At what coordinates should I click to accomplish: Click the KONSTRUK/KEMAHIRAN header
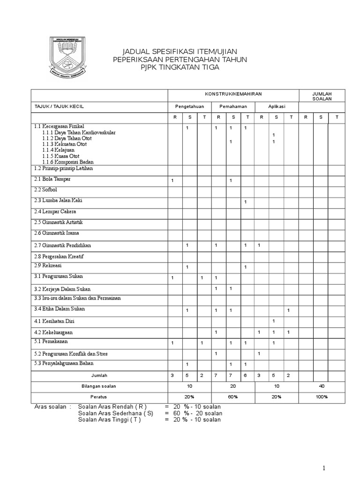233,94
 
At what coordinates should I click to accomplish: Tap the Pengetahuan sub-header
189,106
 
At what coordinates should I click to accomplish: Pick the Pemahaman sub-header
233,106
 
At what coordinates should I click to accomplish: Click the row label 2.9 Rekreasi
46,266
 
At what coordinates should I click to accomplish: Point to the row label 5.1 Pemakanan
50,342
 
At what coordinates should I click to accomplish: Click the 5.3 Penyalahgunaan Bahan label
64,363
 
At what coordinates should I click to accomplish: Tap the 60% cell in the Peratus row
233,397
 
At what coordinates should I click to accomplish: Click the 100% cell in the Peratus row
322,397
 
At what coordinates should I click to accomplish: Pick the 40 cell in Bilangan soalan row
322,386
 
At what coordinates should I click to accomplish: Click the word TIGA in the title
210,67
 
